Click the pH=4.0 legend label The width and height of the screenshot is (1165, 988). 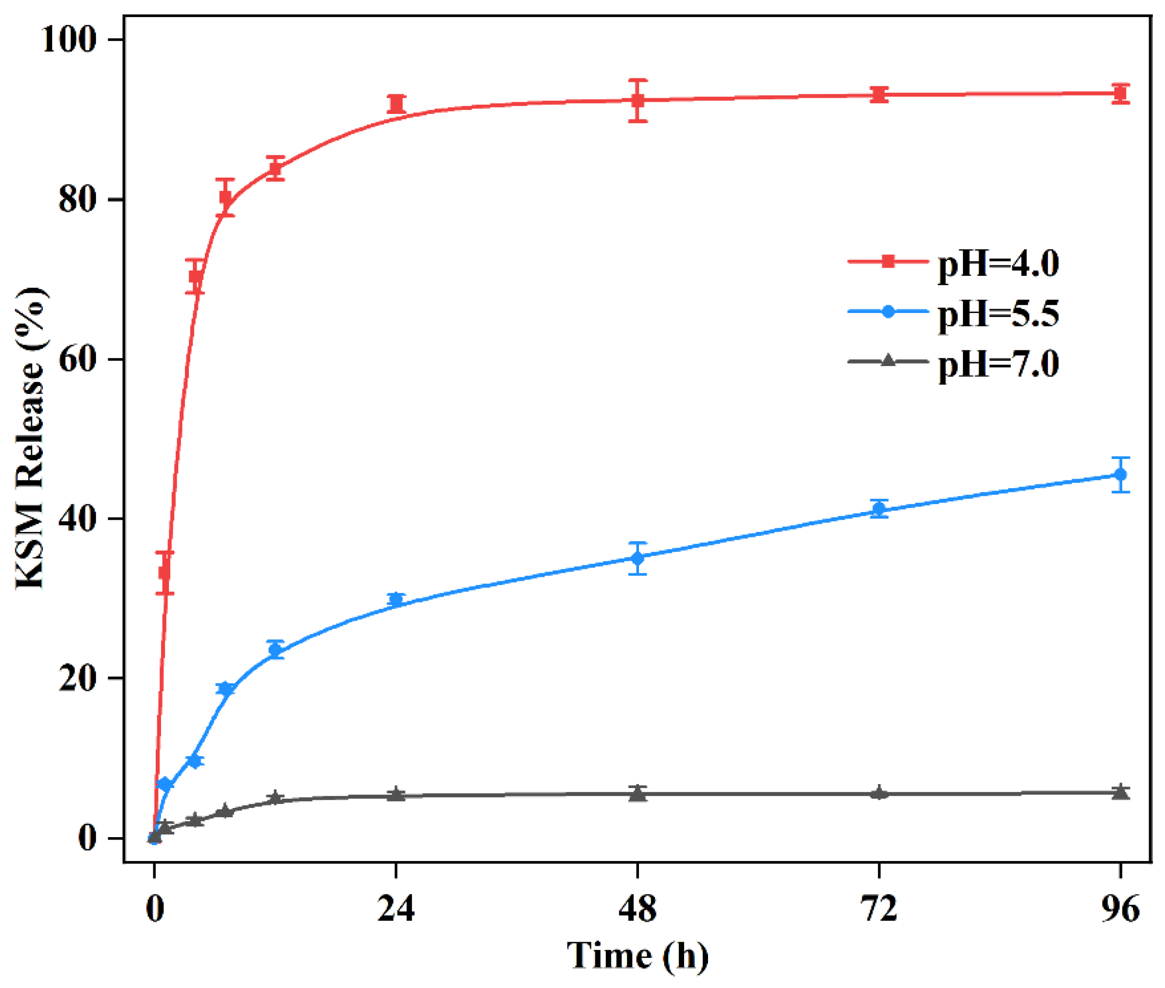point(998,264)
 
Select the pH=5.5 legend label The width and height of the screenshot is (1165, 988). point(998,313)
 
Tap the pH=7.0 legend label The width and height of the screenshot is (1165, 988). point(998,364)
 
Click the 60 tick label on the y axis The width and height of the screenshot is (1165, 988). point(77,359)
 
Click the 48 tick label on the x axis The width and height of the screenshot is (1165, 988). point(637,909)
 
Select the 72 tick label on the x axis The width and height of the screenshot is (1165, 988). point(879,909)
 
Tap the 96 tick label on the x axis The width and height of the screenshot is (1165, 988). point(1120,909)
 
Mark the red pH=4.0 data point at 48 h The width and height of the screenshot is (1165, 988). point(637,101)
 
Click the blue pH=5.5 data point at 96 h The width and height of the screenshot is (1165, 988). point(1120,475)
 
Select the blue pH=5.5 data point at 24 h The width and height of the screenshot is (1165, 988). point(396,600)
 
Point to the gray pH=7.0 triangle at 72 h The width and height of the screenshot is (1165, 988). point(879,792)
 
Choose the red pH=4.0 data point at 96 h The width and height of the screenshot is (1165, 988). point(1120,93)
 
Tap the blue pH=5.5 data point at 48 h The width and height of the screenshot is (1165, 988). point(637,558)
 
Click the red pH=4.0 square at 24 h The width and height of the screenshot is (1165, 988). point(396,104)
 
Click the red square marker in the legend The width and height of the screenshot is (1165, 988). point(888,261)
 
